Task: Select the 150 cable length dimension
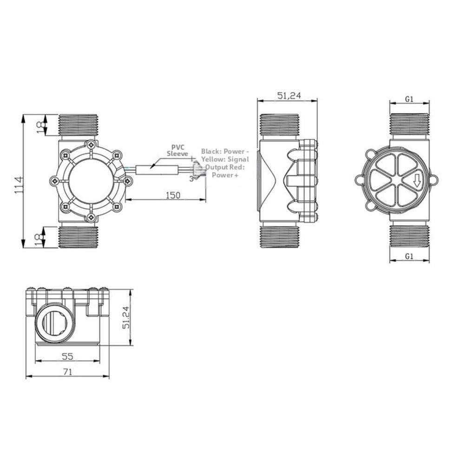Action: coord(172,195)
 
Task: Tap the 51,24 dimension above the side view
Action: coord(289,96)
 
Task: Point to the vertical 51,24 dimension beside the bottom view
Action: coord(125,317)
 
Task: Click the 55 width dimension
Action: coord(67,356)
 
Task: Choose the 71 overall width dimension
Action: coord(67,372)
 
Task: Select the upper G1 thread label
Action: coord(409,99)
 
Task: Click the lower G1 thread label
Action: coord(409,256)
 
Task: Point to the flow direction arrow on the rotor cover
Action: coord(417,180)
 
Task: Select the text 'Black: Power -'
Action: coord(225,151)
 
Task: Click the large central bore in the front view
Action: coord(91,181)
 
